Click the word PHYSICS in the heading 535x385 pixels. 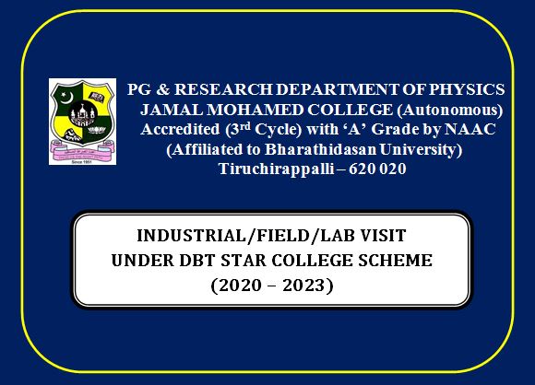coord(467,89)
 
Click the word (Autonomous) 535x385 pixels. coord(450,111)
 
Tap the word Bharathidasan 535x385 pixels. coord(320,149)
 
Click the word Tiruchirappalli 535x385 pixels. coord(276,169)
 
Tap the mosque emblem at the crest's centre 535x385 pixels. coord(82,114)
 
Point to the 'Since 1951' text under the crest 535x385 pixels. coord(82,162)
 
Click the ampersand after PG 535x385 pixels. coord(162,89)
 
